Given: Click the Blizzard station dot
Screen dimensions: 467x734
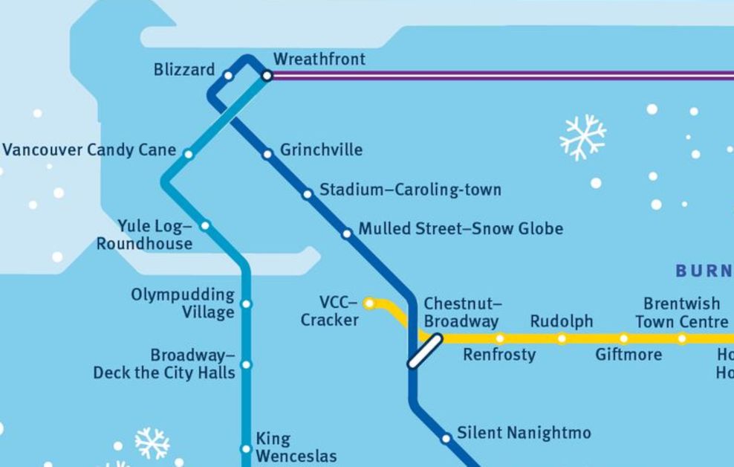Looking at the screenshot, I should [228, 75].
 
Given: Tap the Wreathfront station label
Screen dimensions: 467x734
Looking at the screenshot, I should [319, 59].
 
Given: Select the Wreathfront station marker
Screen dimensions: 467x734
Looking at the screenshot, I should [267, 75].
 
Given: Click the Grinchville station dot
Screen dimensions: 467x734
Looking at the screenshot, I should [267, 155].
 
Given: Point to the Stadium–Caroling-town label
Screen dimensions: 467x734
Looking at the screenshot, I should [410, 190].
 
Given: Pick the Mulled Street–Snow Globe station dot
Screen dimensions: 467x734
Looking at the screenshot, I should [346, 233].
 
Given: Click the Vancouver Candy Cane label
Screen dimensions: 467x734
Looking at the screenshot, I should [89, 149].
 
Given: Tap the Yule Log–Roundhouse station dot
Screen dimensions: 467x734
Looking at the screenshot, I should [205, 225].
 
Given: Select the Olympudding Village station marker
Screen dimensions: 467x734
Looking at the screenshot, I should [247, 304].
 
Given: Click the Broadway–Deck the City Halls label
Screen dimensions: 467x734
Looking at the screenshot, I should [163, 364].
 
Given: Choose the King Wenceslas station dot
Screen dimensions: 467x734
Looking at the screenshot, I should [247, 448].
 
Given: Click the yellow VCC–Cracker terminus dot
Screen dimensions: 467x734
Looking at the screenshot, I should [368, 303].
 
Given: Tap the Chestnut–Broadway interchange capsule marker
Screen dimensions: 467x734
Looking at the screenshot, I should [425, 350].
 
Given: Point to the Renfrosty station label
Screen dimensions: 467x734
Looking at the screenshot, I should [498, 355].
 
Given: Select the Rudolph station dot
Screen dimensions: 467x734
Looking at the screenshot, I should [562, 339].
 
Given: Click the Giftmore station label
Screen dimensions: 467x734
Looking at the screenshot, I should [629, 355].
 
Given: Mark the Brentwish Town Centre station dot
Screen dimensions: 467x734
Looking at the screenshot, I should [682, 339].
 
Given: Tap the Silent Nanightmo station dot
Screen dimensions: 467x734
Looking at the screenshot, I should [446, 438].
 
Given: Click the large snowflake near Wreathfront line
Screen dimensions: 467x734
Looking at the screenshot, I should [582, 137].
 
